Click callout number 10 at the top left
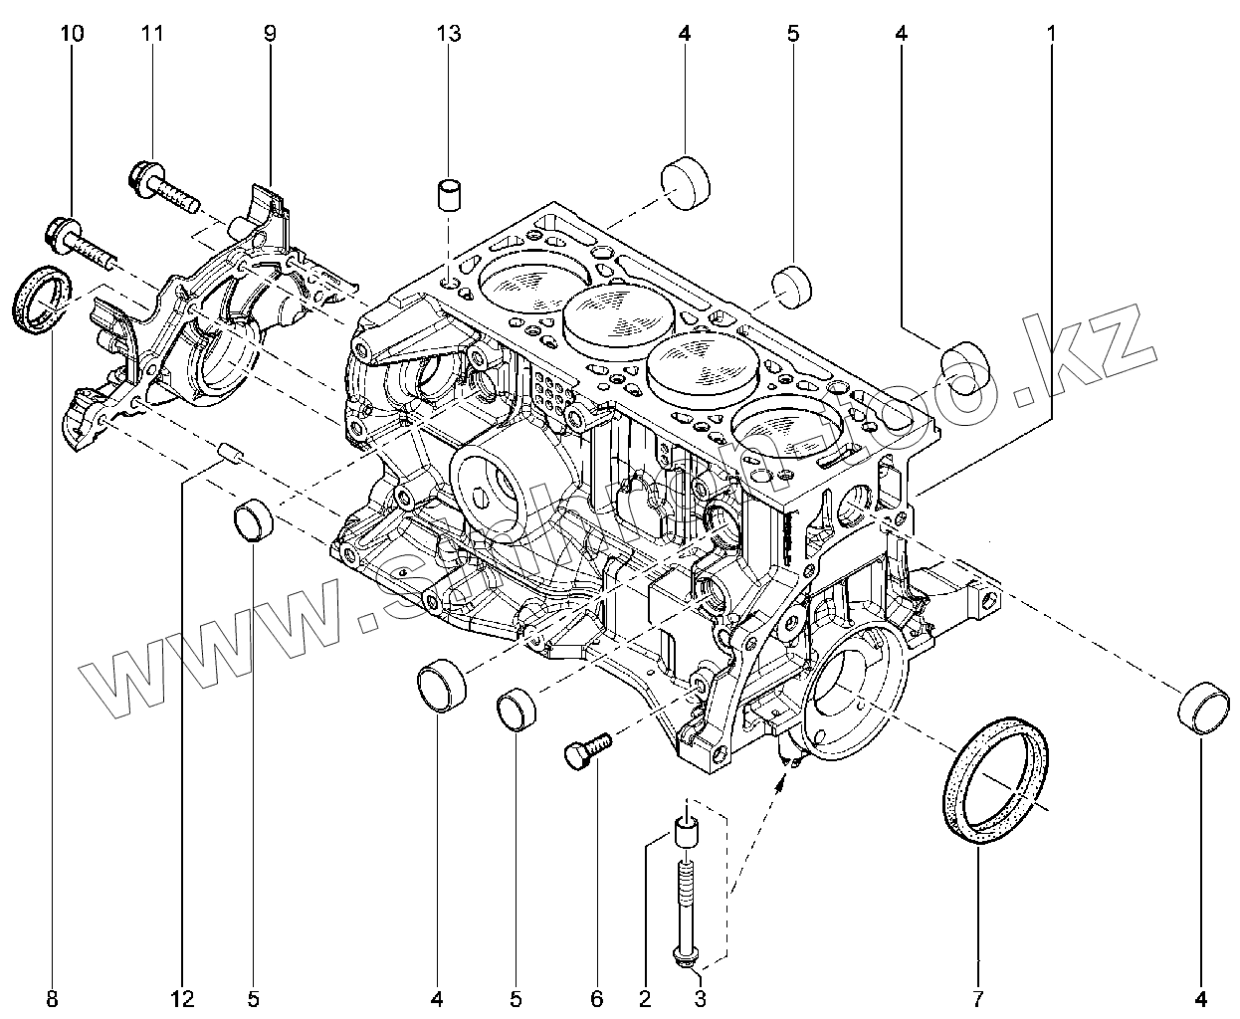[72, 34]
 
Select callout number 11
[151, 34]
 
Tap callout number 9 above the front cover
[269, 34]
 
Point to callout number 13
[449, 34]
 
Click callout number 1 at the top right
[1050, 34]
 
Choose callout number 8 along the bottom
[52, 997]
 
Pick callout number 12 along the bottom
[183, 997]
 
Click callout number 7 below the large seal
[977, 997]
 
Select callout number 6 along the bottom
[597, 997]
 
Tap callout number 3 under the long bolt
[700, 997]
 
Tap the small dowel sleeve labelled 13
[451, 194]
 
